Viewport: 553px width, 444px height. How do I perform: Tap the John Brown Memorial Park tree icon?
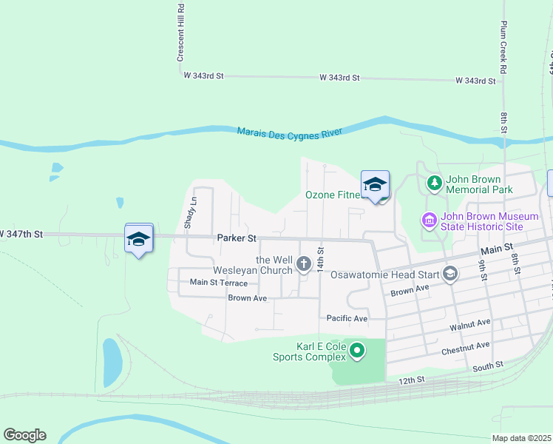tap(435, 182)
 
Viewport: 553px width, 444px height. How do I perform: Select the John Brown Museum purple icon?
tap(428, 220)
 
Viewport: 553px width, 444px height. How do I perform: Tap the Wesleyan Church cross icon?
tap(303, 263)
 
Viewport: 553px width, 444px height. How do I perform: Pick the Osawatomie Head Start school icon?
tap(449, 275)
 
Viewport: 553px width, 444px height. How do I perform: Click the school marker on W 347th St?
tap(138, 239)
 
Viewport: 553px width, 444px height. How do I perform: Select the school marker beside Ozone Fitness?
tap(375, 186)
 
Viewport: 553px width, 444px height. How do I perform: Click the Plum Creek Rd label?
tap(503, 36)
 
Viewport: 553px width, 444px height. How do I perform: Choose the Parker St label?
tap(237, 238)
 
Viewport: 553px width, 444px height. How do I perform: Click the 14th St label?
tap(321, 260)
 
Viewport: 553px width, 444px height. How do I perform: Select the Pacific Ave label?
tap(347, 318)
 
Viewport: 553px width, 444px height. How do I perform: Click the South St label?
tap(488, 365)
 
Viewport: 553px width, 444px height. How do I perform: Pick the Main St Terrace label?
tap(219, 282)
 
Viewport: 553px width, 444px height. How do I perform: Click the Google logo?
tap(24, 435)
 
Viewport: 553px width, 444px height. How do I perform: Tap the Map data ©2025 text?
tap(520, 438)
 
